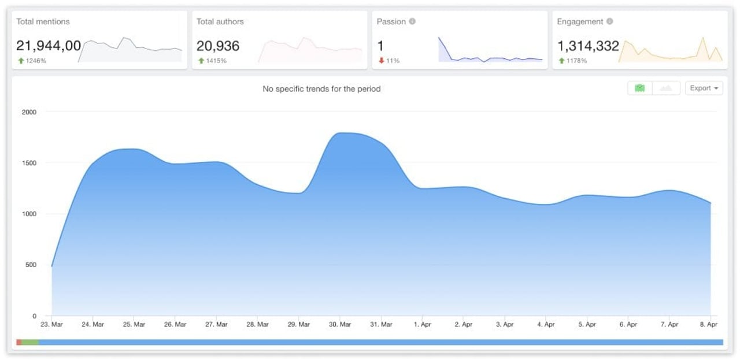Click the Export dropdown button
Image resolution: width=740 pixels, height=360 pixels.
pyautogui.click(x=704, y=88)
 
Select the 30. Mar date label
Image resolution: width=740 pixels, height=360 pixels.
pyautogui.click(x=340, y=324)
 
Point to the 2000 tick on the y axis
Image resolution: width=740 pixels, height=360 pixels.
pyautogui.click(x=29, y=112)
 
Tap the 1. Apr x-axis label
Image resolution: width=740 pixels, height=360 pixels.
pyautogui.click(x=423, y=324)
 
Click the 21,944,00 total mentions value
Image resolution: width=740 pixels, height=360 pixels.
pyautogui.click(x=49, y=46)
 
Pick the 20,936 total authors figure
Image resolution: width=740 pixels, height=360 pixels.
pyautogui.click(x=218, y=46)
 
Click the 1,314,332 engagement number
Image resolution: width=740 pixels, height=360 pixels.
pyautogui.click(x=588, y=46)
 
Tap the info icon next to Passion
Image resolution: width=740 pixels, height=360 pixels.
pyautogui.click(x=412, y=21)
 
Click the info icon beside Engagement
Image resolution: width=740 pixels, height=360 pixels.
pyautogui.click(x=610, y=21)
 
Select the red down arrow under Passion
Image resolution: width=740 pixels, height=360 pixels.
pyautogui.click(x=382, y=61)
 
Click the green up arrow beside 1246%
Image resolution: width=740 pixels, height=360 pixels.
pyautogui.click(x=21, y=61)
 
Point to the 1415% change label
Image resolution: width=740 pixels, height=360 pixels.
pyautogui.click(x=216, y=61)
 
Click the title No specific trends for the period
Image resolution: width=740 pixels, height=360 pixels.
pyautogui.click(x=321, y=89)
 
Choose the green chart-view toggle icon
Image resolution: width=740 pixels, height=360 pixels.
pyautogui.click(x=639, y=88)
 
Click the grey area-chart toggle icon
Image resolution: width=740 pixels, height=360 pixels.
pyautogui.click(x=666, y=88)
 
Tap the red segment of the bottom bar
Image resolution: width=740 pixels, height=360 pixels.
pyautogui.click(x=19, y=342)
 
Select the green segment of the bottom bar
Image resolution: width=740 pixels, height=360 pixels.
pyautogui.click(x=30, y=342)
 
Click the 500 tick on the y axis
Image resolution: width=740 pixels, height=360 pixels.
pyautogui.click(x=29, y=265)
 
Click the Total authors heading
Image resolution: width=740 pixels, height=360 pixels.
pyautogui.click(x=220, y=21)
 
